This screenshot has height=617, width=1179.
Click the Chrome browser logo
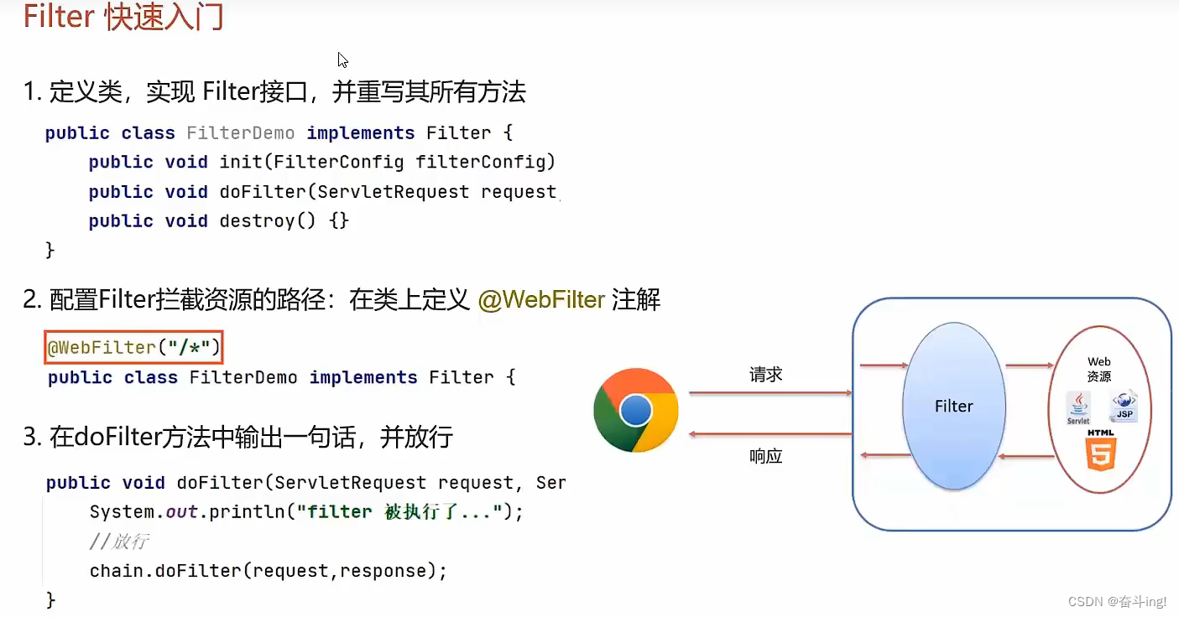point(635,410)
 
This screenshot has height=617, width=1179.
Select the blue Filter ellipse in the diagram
point(953,407)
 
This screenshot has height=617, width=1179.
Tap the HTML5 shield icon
point(1101,450)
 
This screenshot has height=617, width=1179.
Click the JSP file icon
point(1123,405)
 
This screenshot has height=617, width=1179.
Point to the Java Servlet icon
point(1078,407)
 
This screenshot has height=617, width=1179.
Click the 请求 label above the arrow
point(765,375)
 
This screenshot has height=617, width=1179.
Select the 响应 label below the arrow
point(765,456)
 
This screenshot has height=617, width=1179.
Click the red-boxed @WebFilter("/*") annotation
point(133,347)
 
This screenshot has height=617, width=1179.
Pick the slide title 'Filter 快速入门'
point(123,18)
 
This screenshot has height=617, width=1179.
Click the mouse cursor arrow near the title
point(342,60)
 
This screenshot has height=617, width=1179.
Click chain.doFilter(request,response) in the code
point(268,571)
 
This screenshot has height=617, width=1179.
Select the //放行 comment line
point(118,542)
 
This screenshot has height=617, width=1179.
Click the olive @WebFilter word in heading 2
point(541,300)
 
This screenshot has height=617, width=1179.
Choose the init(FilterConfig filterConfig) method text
point(387,162)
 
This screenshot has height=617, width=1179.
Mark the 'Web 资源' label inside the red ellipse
point(1098,370)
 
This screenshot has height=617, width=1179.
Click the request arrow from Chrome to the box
point(769,393)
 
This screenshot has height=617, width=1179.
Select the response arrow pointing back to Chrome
point(769,433)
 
